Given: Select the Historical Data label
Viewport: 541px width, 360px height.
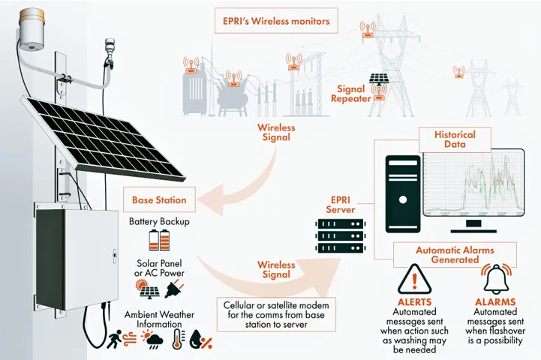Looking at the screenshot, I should click(449, 139).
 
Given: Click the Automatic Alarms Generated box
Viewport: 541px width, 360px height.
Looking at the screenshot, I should click(455, 254).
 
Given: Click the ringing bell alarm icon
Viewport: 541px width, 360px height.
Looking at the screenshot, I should click(495, 279).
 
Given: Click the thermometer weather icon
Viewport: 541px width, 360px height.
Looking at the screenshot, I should click(178, 339).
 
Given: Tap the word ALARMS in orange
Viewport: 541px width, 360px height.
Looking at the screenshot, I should click(494, 302).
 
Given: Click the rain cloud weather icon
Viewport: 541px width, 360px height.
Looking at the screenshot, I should click(155, 341).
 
